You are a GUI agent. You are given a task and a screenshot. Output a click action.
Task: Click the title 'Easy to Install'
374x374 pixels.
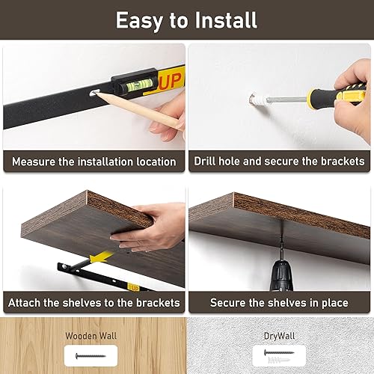click(186, 19)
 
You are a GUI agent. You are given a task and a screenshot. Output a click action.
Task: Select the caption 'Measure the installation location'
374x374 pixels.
click(93, 161)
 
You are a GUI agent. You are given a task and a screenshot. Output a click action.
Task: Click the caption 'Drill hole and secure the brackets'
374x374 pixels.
click(279, 161)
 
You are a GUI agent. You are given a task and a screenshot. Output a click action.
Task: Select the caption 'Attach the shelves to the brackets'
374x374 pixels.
click(93, 303)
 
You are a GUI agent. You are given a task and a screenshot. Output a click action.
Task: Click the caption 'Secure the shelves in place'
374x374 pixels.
click(279, 303)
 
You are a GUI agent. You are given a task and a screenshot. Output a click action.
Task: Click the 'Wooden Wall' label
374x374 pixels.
click(93, 336)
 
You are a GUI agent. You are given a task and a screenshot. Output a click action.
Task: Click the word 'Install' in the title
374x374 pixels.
click(225, 19)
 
